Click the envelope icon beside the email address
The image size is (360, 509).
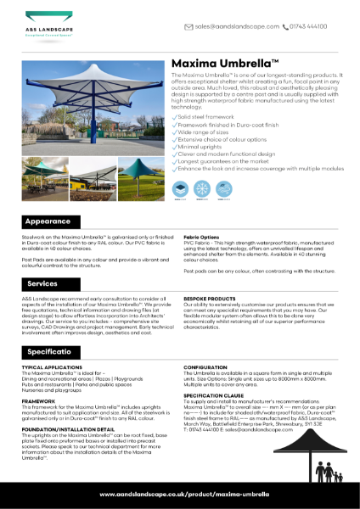pos(189,26)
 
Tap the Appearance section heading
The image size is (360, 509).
pos(48,221)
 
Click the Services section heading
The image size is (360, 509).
pos(42,283)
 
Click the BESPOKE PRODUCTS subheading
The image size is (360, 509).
pos(211,299)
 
